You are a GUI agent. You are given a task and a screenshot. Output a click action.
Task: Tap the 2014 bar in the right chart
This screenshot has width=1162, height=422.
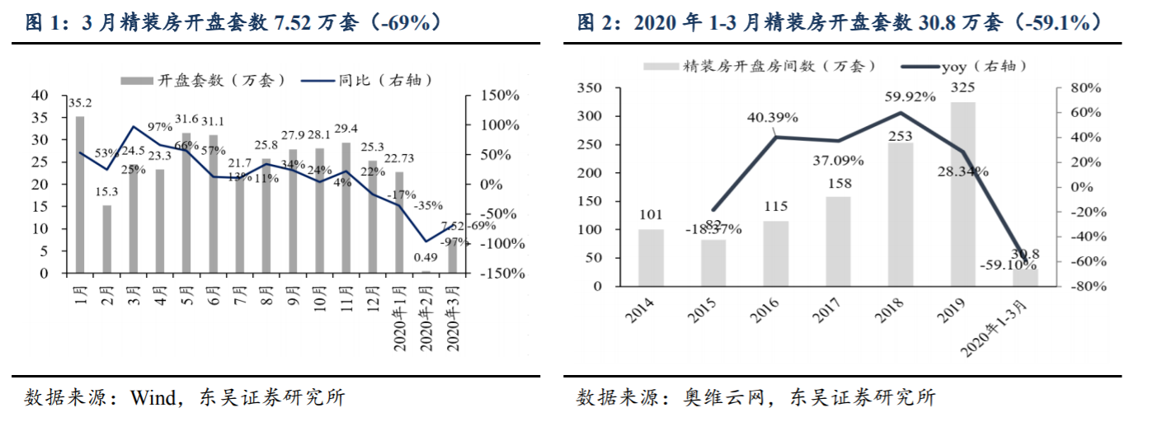651,258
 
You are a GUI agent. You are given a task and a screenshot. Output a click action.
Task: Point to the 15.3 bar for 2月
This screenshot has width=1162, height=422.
106,239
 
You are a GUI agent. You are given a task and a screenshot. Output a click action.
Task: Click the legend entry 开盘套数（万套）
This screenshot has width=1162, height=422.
204,80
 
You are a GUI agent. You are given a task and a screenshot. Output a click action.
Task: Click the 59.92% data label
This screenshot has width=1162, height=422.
909,96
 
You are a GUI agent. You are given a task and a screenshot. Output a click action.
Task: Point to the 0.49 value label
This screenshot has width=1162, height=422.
426,258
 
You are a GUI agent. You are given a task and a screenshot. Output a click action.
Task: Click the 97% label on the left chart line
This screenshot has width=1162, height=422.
160,126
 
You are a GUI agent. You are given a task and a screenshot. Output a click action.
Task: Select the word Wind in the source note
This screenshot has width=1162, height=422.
151,397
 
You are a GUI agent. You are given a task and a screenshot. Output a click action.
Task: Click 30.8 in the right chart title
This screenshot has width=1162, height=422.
934,22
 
